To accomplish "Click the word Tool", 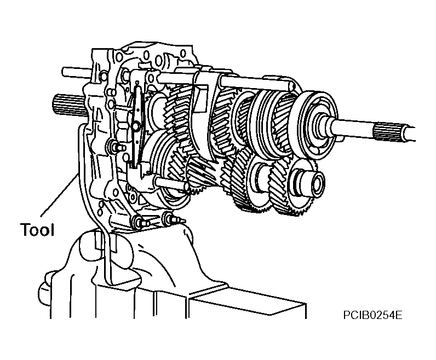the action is coord(37,229).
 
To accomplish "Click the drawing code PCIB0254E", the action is coord(372,315).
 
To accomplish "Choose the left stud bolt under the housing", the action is coord(141,222).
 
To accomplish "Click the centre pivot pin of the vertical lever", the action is coord(136,126).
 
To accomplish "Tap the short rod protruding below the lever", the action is coord(170,184).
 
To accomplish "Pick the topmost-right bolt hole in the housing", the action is coord(183,53).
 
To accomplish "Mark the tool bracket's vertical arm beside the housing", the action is coord(83,167).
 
